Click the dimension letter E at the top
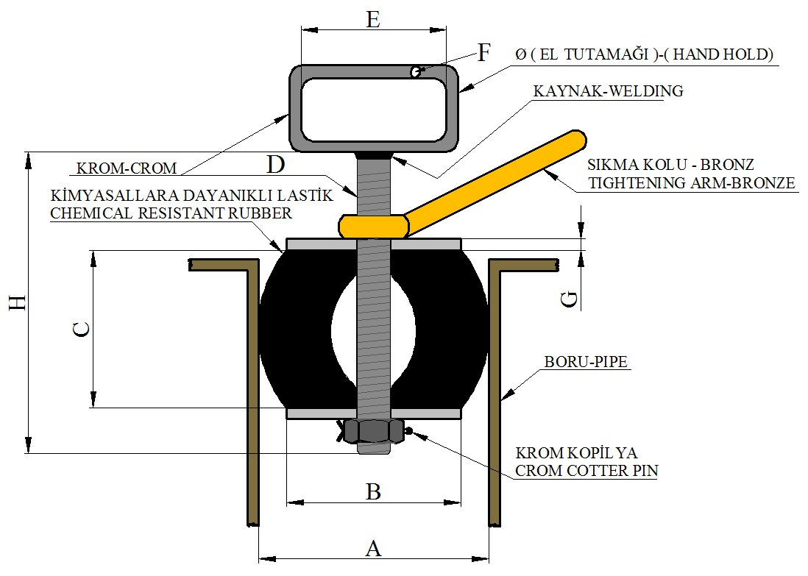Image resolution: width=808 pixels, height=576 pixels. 373,19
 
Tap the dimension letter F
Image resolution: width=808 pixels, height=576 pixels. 483,53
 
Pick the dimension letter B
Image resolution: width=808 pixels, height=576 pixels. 374,491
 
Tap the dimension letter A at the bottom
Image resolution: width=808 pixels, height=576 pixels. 374,548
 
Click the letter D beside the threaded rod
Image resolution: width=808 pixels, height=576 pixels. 275,165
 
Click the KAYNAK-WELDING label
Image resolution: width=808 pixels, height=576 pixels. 609,91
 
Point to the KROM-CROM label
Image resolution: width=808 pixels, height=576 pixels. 126,168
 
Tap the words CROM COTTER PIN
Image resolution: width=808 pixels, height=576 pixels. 586,471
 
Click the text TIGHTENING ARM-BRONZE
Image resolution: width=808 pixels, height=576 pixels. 692,183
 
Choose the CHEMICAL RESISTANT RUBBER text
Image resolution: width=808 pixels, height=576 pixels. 171,213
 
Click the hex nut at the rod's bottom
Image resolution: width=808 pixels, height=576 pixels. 374,431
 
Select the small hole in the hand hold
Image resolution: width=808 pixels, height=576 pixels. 416,71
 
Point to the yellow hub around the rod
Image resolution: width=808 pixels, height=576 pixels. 374,225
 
